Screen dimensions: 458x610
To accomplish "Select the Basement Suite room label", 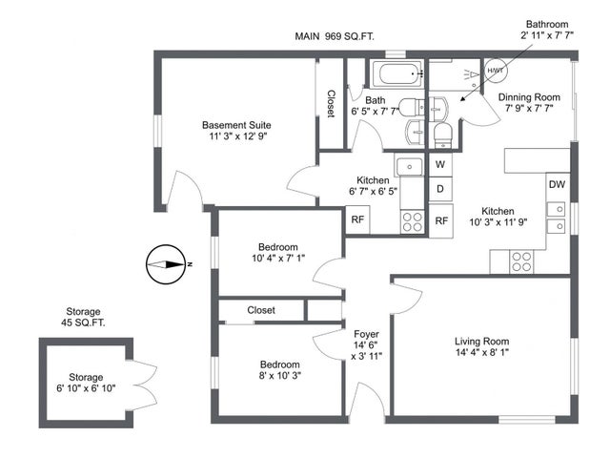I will (x=236, y=125).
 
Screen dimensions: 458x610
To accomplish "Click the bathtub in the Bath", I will (x=395, y=73).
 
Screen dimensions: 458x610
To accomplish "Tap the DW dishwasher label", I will (x=557, y=184).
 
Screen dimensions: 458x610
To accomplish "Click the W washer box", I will (x=440, y=164).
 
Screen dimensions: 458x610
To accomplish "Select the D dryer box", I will (x=440, y=189).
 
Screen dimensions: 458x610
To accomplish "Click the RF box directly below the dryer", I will (x=440, y=220).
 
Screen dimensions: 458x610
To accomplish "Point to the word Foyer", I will (x=367, y=334).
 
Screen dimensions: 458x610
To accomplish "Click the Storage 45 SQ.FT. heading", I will (x=84, y=318).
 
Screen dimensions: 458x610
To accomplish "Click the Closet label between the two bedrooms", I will (x=261, y=310).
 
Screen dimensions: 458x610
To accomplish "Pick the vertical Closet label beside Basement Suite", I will (x=330, y=104).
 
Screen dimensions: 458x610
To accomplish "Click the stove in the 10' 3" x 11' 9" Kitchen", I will (x=522, y=259).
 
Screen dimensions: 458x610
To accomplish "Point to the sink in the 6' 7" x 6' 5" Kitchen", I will (x=410, y=166).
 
